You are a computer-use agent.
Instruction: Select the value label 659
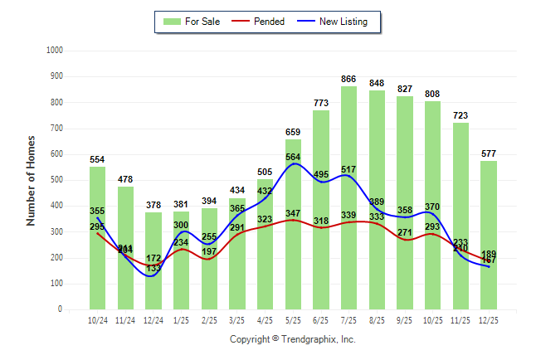[293, 132]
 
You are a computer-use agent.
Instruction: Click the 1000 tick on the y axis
[56, 51]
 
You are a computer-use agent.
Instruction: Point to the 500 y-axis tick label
[57, 180]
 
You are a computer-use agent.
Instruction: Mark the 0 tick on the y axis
[61, 309]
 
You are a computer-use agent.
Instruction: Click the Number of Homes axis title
[31, 180]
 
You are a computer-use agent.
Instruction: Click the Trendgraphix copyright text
[292, 339]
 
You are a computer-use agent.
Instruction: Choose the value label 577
[489, 153]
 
